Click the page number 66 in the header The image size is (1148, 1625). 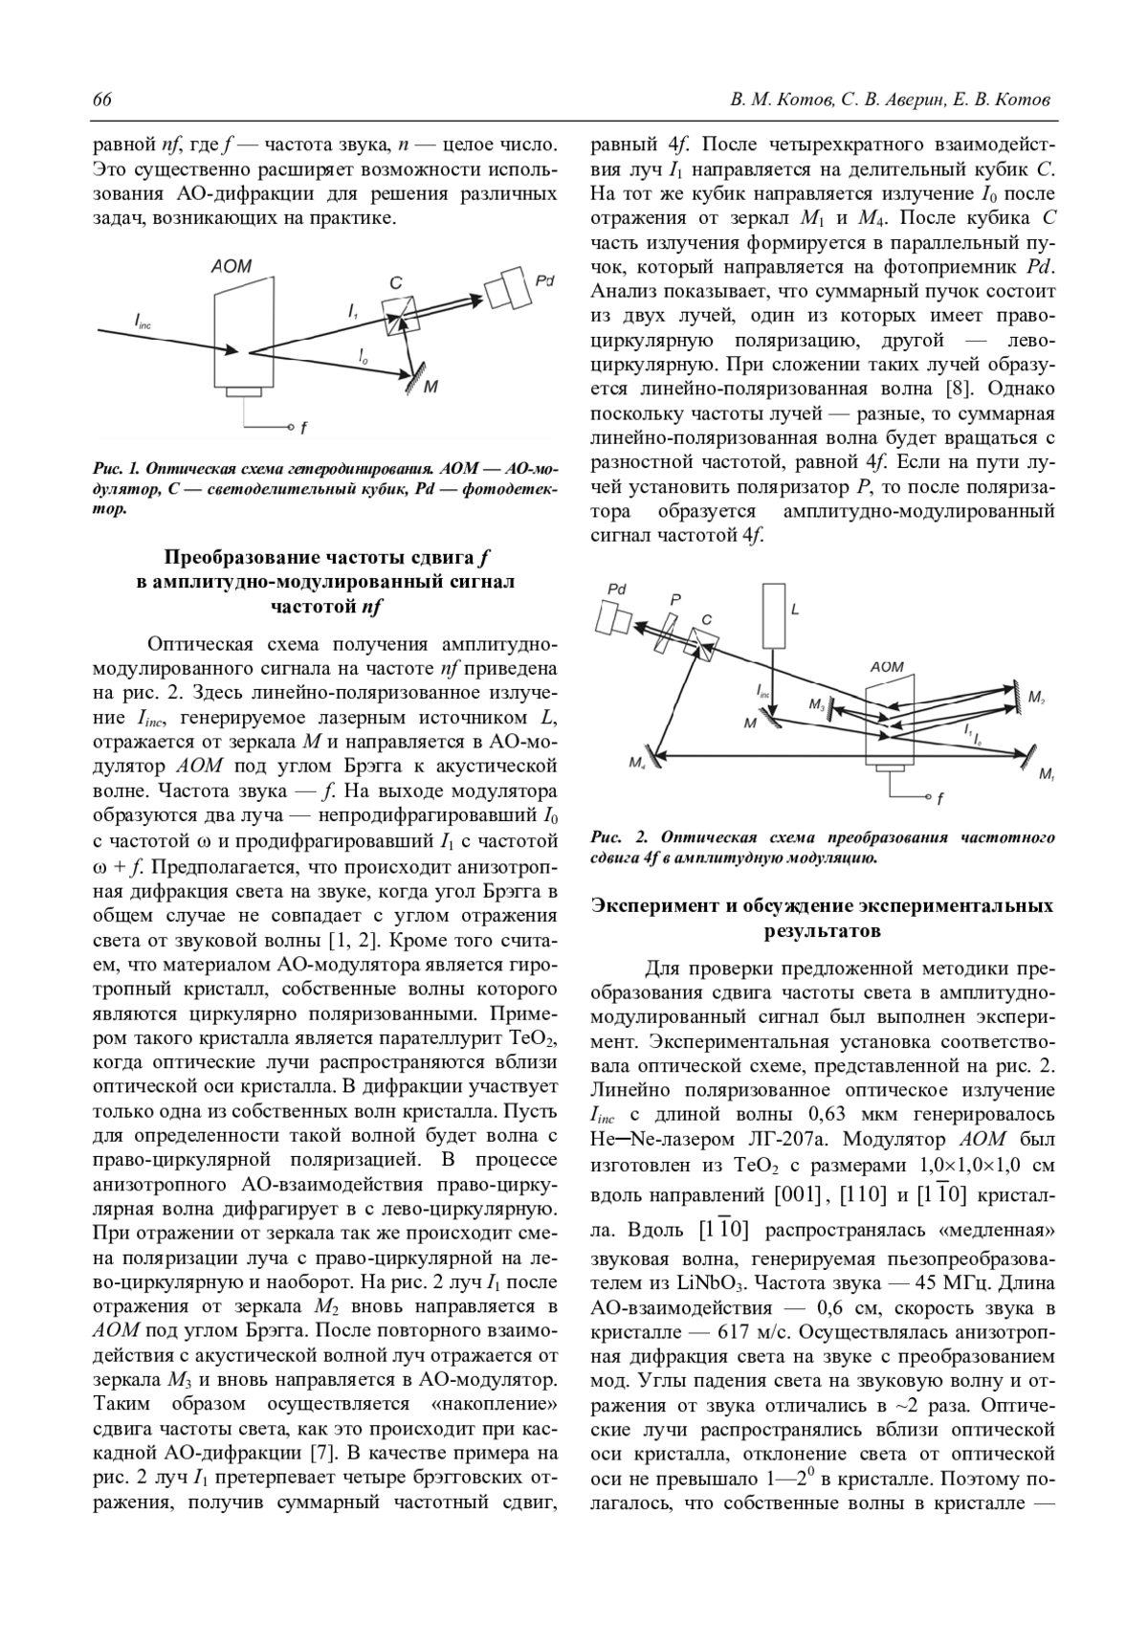(x=102, y=100)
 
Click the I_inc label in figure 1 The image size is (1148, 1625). (x=143, y=323)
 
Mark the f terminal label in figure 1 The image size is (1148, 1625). (x=303, y=429)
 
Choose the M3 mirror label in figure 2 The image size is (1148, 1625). (x=816, y=704)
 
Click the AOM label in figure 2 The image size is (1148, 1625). (x=887, y=667)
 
